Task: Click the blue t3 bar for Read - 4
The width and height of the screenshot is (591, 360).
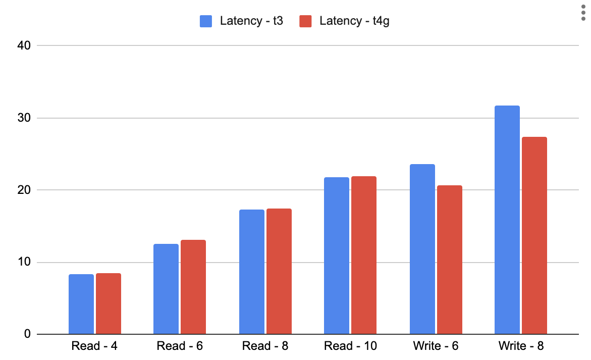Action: pyautogui.click(x=81, y=304)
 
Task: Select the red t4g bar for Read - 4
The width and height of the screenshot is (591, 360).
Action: pyautogui.click(x=109, y=303)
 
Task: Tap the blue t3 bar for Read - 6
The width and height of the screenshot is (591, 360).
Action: pyautogui.click(x=166, y=289)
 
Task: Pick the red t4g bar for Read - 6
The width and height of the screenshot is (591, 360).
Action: pyautogui.click(x=193, y=287)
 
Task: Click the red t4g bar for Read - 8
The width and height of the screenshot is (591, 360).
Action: pyautogui.click(x=279, y=271)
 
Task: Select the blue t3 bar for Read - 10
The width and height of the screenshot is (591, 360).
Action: pyautogui.click(x=337, y=255)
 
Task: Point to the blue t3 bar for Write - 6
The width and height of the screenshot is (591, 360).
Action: pyautogui.click(x=422, y=249)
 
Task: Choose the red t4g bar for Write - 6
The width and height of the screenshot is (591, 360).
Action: pyautogui.click(x=450, y=260)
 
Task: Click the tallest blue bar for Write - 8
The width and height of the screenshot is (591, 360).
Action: pyautogui.click(x=507, y=220)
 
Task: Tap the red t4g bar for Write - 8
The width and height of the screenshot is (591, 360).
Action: pyautogui.click(x=534, y=235)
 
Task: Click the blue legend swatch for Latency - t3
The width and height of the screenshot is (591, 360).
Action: pyautogui.click(x=206, y=21)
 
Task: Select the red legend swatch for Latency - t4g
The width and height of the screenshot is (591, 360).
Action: pyautogui.click(x=306, y=21)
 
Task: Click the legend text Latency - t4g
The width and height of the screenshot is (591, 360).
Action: pyautogui.click(x=354, y=21)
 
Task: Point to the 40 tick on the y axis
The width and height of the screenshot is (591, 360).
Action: pyautogui.click(x=25, y=45)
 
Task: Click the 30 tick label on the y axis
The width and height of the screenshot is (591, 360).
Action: pyautogui.click(x=25, y=118)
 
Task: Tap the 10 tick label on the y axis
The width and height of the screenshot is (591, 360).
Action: pyautogui.click(x=25, y=262)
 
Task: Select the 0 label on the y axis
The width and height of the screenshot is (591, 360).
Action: pyautogui.click(x=28, y=334)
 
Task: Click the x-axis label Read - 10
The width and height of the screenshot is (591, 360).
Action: pyautogui.click(x=351, y=346)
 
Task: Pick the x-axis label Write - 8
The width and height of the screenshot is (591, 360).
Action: pyautogui.click(x=521, y=346)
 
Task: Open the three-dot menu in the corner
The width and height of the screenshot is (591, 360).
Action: pyautogui.click(x=583, y=13)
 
